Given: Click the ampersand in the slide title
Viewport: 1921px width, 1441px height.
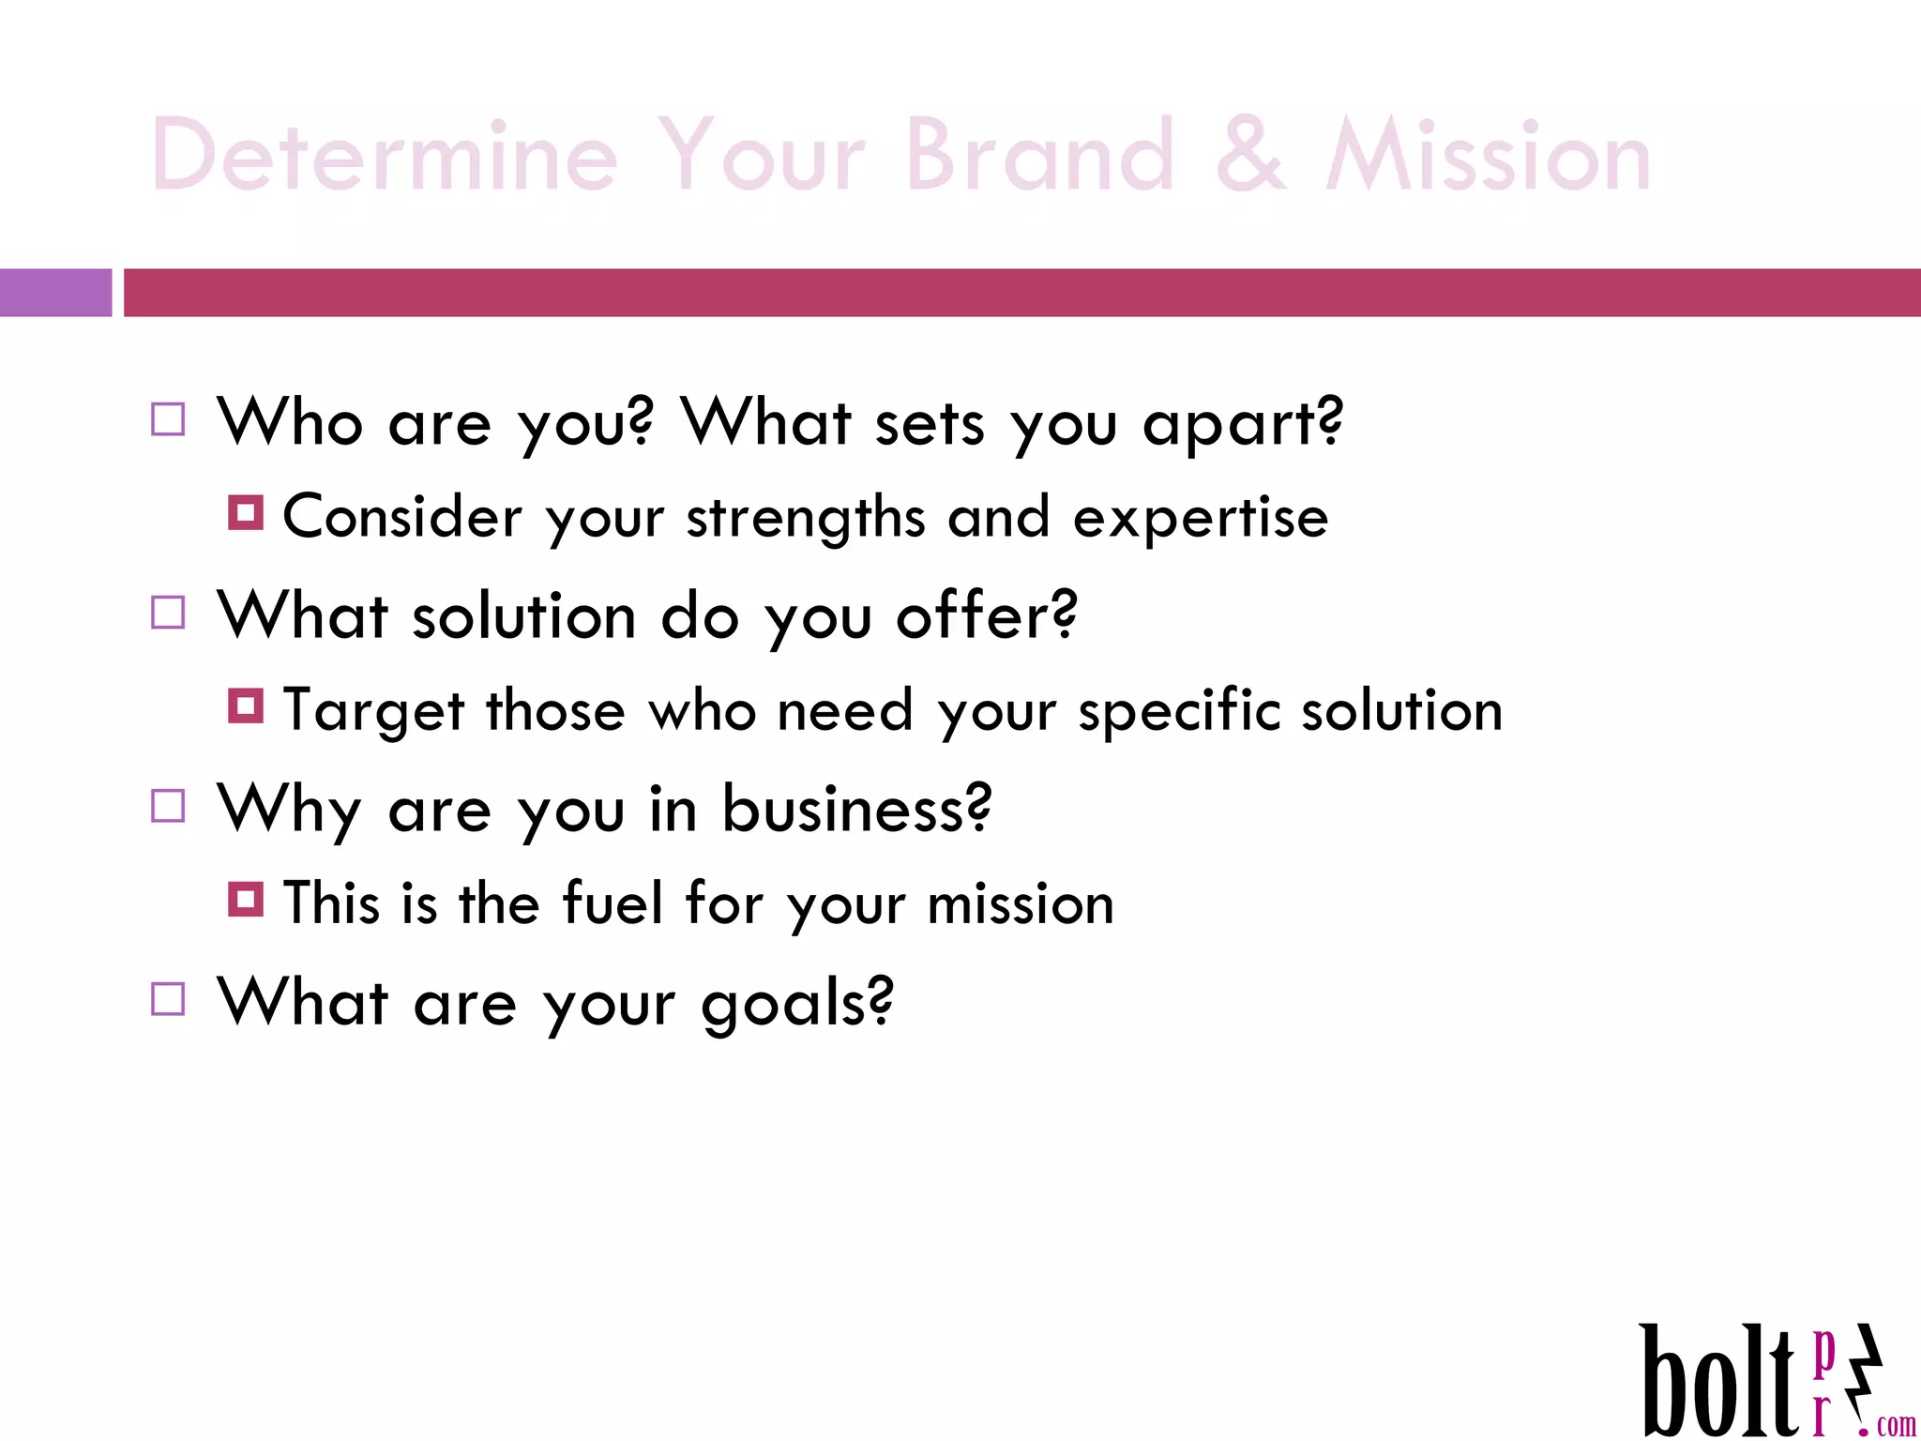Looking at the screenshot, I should tap(1250, 156).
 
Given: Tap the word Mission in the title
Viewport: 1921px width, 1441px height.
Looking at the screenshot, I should tap(1488, 156).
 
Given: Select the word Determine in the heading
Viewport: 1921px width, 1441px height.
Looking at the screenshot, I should tap(385, 156).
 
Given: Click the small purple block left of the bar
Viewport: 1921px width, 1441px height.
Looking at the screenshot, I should tap(55, 293).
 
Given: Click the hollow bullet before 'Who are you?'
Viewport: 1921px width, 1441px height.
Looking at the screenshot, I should tap(168, 419).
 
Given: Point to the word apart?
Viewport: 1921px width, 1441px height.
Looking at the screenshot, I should tap(1243, 424).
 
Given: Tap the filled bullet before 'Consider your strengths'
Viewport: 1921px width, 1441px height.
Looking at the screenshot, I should tap(246, 513).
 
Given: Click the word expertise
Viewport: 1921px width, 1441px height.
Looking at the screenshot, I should tap(1200, 518).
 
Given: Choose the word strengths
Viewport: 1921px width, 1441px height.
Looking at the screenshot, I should tap(806, 518).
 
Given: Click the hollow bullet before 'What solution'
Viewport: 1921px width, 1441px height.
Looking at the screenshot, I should tap(168, 613).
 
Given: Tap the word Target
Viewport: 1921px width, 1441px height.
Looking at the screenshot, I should tap(373, 711).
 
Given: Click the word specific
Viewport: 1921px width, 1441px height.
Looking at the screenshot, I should tap(1179, 711).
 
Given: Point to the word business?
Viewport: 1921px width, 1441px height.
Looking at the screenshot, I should tap(855, 809).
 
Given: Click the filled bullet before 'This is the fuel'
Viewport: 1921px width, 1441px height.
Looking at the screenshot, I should tap(246, 900).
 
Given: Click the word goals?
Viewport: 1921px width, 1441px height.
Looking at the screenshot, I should tap(797, 1004).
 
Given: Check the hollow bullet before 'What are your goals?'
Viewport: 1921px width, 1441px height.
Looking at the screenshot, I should tap(168, 999).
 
